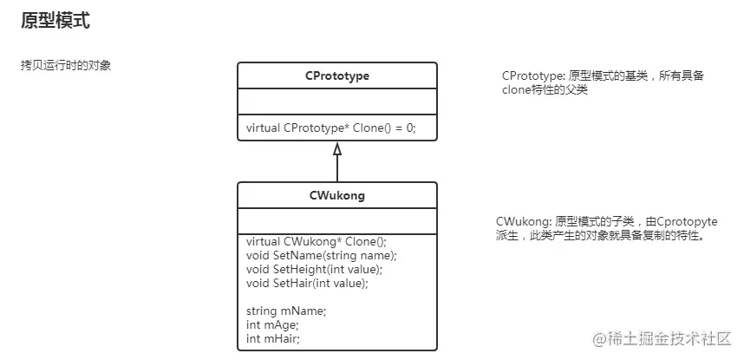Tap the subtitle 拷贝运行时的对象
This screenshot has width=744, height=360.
pyautogui.click(x=65, y=66)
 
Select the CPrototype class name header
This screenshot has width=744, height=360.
pyautogui.click(x=337, y=76)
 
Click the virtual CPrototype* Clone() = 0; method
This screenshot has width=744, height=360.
pyautogui.click(x=331, y=128)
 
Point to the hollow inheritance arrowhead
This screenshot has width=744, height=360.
pyautogui.click(x=337, y=149)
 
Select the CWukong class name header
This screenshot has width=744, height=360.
pyautogui.click(x=337, y=195)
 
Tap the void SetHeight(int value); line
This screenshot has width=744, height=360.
pyautogui.click(x=315, y=270)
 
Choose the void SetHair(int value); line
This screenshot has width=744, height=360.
pyautogui.click(x=308, y=283)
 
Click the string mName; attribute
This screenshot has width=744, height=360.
pyautogui.click(x=286, y=311)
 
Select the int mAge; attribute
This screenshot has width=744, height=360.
pyautogui.click(x=272, y=324)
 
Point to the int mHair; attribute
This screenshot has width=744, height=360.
pyautogui.click(x=273, y=338)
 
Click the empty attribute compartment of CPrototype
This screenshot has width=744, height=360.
pyautogui.click(x=337, y=103)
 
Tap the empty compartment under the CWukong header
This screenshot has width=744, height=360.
pyautogui.click(x=337, y=222)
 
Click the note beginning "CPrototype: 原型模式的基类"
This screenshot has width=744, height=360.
pyautogui.click(x=604, y=82)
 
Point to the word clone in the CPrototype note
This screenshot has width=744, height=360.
pyautogui.click(x=516, y=89)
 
